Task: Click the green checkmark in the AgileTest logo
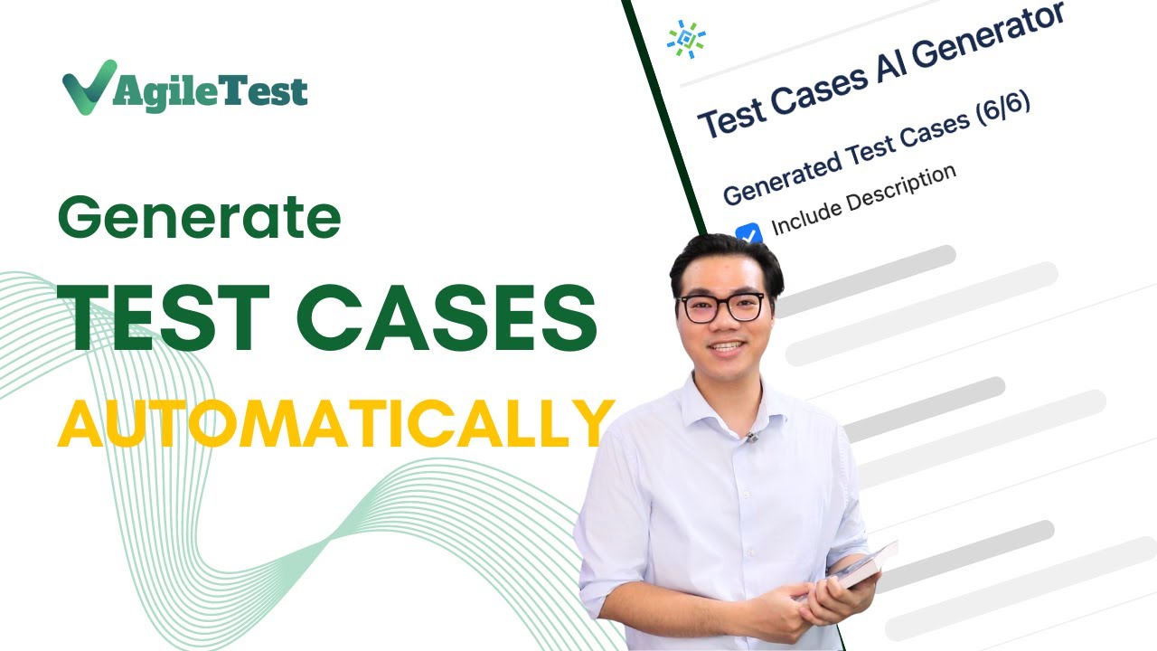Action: pyautogui.click(x=89, y=88)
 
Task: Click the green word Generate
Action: pyautogui.click(x=199, y=218)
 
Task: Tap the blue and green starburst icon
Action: pyautogui.click(x=686, y=40)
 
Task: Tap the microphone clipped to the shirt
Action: pyautogui.click(x=751, y=437)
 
